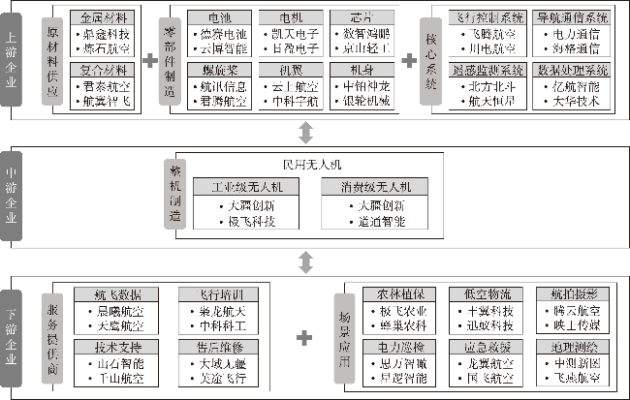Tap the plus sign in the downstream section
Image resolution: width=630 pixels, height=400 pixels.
tap(304, 338)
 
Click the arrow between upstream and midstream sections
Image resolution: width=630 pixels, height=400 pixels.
tap(304, 131)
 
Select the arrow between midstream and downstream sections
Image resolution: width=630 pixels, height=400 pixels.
tap(304, 262)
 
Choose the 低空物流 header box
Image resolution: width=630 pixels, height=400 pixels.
tap(481, 293)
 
